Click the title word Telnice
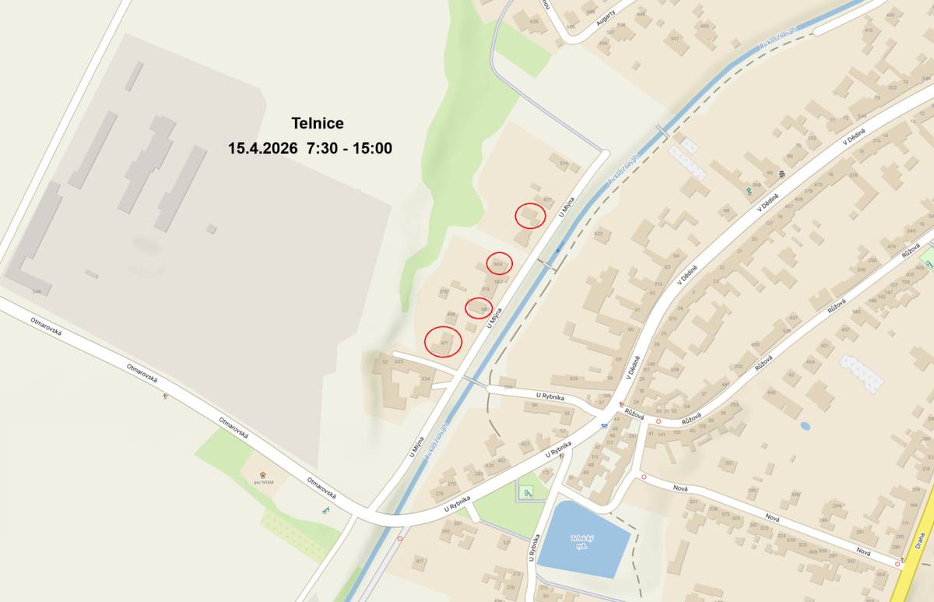318,123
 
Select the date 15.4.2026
262,148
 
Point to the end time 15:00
372,148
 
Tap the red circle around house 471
444,341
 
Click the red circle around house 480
479,308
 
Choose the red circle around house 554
499,263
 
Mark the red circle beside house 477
530,214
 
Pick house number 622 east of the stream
598,233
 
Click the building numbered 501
675,38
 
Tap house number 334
425,378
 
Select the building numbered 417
420,561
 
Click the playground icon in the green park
528,491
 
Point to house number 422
525,445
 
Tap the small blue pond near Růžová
804,426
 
